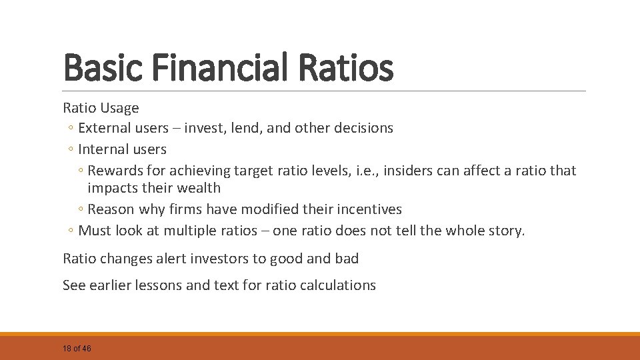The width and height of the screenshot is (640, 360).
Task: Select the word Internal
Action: point(102,149)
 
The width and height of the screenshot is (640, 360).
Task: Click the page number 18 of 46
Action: point(77,349)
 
